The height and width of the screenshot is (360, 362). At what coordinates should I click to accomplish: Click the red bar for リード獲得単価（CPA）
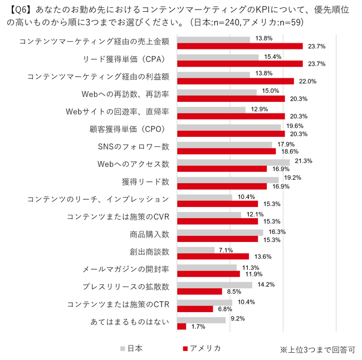point(239,63)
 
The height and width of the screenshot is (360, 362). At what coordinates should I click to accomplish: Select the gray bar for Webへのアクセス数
point(233,161)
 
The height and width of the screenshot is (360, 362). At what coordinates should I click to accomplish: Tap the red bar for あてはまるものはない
point(181,326)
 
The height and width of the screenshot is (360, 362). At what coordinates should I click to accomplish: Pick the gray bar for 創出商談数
point(195,249)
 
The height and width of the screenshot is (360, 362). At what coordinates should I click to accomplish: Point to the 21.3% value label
point(304,161)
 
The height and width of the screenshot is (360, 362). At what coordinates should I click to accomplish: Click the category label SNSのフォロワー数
point(133,147)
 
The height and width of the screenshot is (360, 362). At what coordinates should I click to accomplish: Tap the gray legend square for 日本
point(121,349)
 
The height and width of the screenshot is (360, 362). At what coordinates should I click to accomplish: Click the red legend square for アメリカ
point(184,349)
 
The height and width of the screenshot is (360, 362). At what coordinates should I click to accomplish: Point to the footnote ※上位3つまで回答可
point(317,350)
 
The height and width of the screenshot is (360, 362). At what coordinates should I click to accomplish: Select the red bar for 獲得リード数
point(222,186)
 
